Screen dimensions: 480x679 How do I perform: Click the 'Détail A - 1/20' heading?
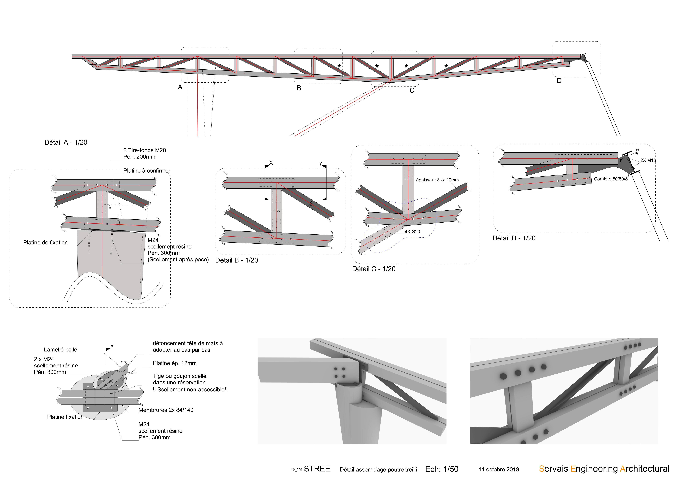(x=66, y=143)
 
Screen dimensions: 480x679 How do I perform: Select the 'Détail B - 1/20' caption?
(x=237, y=260)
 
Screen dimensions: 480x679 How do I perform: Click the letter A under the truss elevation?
(x=180, y=87)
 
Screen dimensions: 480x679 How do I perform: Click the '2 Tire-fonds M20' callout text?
(x=145, y=150)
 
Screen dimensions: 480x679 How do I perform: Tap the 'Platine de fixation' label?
(x=46, y=243)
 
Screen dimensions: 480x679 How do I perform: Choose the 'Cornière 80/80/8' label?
(x=611, y=179)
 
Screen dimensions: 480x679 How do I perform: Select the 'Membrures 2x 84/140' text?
(x=166, y=410)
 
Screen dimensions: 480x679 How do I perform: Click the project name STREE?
(x=317, y=469)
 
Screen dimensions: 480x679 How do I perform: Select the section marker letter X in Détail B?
(x=271, y=163)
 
